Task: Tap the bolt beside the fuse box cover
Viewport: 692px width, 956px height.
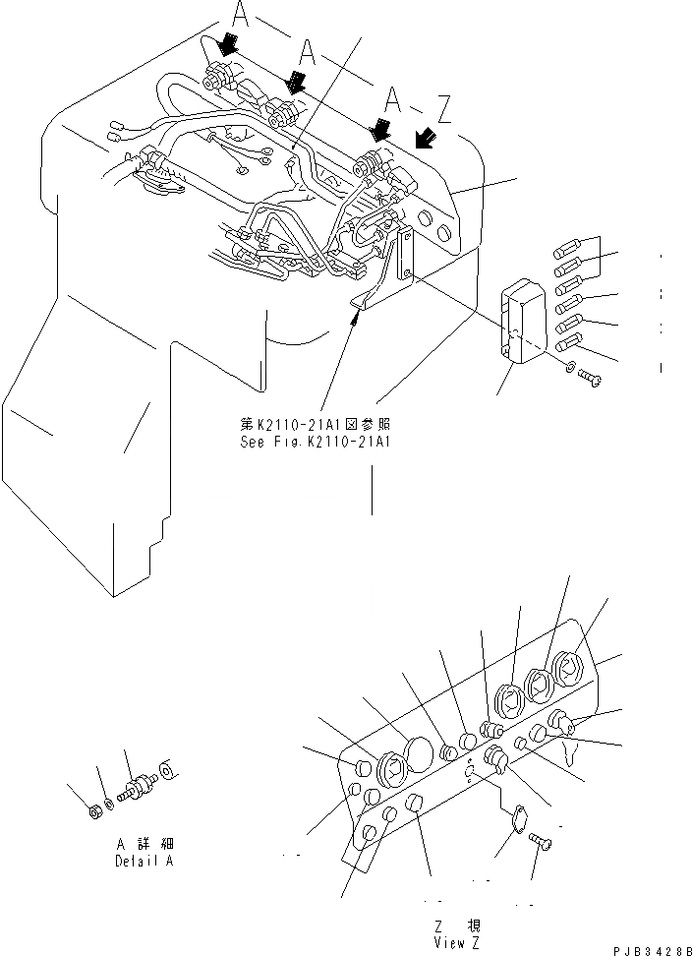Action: (587, 375)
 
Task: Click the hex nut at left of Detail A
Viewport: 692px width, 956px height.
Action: (93, 810)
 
